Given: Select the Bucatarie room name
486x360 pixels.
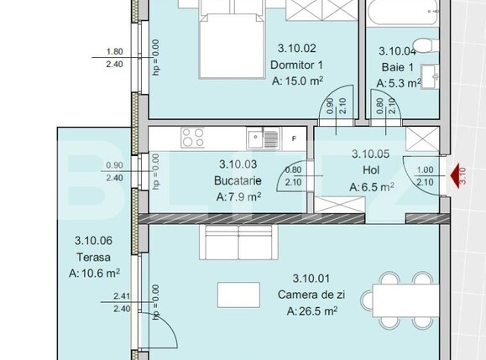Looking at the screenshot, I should point(239,180).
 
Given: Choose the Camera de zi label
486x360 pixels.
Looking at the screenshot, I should point(312,295).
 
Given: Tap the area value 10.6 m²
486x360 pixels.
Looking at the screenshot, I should point(94,272).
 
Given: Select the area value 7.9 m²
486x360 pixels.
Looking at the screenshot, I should point(239,197).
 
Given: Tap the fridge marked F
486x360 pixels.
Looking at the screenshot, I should point(294,138).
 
